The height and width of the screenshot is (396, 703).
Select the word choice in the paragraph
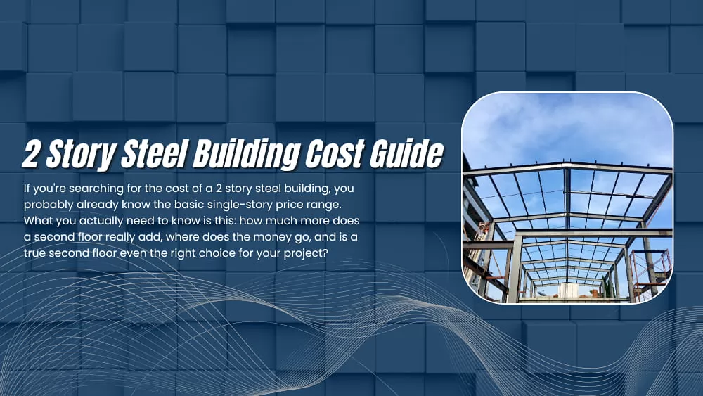(x=214, y=252)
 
